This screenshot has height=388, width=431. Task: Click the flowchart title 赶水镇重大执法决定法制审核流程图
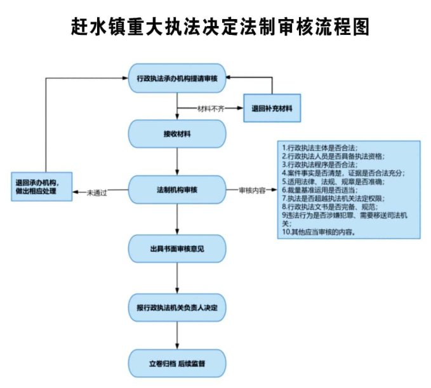[216, 27]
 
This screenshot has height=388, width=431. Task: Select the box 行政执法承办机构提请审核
[178, 78]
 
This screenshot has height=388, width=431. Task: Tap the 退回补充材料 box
[272, 107]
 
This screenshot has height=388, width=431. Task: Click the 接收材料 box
[178, 135]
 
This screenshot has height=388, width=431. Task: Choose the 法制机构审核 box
[178, 189]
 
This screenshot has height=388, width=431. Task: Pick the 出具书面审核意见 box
[178, 248]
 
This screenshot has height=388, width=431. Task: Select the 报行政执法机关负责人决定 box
[178, 307]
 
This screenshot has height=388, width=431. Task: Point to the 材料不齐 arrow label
[211, 108]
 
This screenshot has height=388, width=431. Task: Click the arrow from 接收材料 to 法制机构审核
[178, 161]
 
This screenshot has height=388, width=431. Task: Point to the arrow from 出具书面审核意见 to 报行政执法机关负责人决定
[178, 278]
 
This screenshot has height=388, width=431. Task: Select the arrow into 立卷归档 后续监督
[178, 336]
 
